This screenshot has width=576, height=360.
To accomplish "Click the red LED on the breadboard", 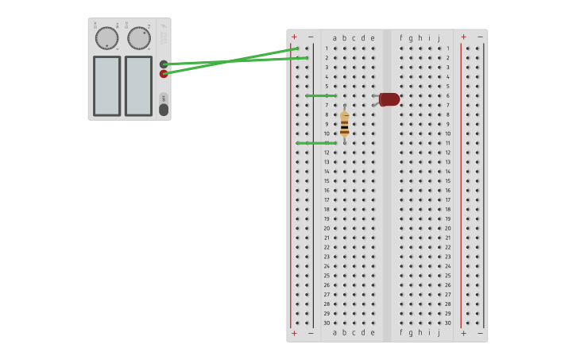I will click(x=389, y=99).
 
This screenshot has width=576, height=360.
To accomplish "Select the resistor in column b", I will click(x=344, y=124).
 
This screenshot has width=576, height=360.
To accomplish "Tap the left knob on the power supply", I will click(x=106, y=38).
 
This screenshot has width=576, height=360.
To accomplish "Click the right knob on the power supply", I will click(x=139, y=38).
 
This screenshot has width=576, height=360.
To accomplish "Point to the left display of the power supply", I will click(x=106, y=86).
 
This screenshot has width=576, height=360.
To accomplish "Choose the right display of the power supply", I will click(x=138, y=86).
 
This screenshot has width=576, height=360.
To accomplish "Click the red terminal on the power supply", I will click(x=164, y=74).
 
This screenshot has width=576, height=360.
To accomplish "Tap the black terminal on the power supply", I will click(x=164, y=64).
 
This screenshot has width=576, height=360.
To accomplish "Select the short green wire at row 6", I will click(x=321, y=95).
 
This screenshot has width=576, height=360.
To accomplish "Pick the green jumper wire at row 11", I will click(x=316, y=143).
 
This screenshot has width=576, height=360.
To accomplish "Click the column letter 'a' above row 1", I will click(x=334, y=38).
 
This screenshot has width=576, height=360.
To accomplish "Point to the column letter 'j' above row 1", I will click(x=439, y=38).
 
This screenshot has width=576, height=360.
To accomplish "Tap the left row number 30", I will click(x=326, y=323).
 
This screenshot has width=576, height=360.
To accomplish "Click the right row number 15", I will click(x=447, y=181).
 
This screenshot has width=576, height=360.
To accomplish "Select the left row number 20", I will click(x=326, y=228).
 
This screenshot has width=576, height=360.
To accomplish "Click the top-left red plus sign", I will click(x=294, y=37).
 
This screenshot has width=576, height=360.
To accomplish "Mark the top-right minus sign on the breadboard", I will click(x=480, y=37).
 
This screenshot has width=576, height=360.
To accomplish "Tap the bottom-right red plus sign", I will click(x=464, y=333).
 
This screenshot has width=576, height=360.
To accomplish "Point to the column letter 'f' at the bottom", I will click(x=401, y=332).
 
